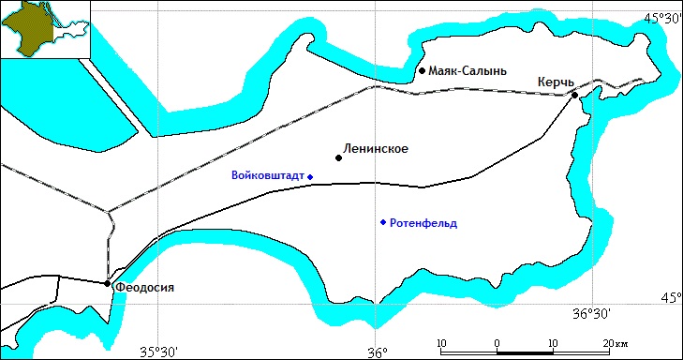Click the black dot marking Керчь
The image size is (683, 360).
574,94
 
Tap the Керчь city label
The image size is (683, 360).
555,82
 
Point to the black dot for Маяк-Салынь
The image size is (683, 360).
423,70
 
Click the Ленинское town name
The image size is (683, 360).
377,148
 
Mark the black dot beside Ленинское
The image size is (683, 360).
338,157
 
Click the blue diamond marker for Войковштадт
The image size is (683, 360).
309,176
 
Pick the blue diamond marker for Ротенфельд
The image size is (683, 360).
382,222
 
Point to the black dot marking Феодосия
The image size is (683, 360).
108,283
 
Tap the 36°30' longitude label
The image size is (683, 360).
591,313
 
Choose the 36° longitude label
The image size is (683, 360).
377,353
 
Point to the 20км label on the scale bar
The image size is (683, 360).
616,342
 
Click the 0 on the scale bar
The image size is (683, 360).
496,342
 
